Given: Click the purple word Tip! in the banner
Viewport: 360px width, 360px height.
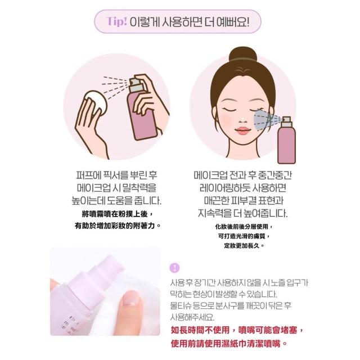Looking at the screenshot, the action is pyautogui.click(x=117, y=21).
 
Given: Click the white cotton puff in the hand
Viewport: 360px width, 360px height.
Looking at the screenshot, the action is pyautogui.click(x=96, y=101).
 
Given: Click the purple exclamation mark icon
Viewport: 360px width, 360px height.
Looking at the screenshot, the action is pyautogui.click(x=174, y=268).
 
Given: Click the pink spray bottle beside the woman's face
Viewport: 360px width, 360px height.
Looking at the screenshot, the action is pyautogui.click(x=286, y=140).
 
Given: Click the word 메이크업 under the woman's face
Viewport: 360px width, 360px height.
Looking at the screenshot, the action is pyautogui.click(x=210, y=175).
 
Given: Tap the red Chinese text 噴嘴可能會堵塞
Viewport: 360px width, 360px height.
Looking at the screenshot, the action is pyautogui.click(x=268, y=330).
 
